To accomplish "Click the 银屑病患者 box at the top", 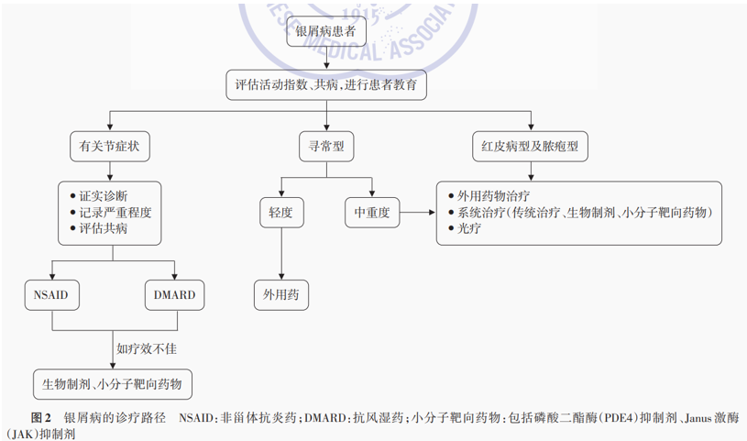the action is click(x=326, y=31).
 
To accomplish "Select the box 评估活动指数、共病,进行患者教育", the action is click(x=326, y=85).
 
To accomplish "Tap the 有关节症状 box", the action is click(x=110, y=147).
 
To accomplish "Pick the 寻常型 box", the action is click(x=326, y=147).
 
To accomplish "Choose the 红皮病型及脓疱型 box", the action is click(x=531, y=147).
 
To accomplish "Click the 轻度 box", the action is click(x=281, y=212).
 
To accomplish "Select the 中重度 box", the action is click(x=372, y=212).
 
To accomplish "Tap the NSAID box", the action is click(x=51, y=295).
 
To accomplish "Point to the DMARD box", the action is click(x=174, y=295).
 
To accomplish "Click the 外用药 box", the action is click(x=281, y=295).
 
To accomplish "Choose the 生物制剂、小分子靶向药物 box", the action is click(x=113, y=384).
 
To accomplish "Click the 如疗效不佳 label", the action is click(x=147, y=349).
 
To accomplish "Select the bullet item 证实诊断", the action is click(x=99, y=196).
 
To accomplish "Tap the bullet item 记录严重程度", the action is click(x=111, y=212).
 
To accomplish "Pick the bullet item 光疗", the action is click(x=465, y=228).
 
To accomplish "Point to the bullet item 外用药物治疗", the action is click(x=489, y=196).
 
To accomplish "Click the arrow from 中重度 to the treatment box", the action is click(x=417, y=212).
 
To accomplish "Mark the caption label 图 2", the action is click(x=41, y=418).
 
